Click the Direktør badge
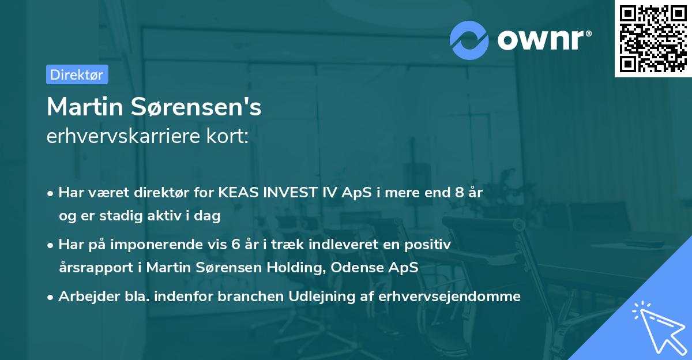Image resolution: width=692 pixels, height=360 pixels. [77, 74]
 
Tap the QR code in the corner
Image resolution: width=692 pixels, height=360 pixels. [653, 38]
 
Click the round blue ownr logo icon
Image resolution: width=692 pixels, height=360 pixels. [469, 39]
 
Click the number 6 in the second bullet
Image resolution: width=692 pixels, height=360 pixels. [235, 245]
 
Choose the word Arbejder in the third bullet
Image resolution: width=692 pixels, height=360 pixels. [84, 296]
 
